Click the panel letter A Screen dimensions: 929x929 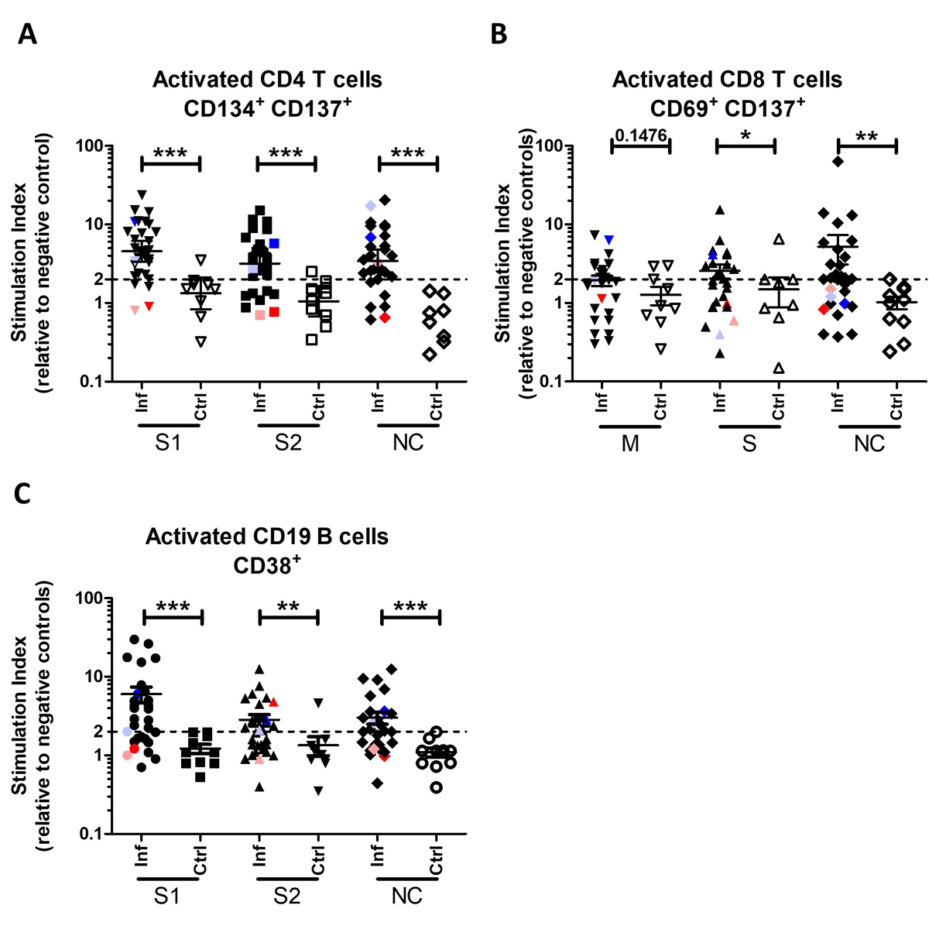coord(28,34)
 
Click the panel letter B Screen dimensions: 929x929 coord(499,34)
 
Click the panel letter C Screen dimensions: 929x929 coord(25,494)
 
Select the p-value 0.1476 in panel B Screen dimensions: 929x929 coord(641,135)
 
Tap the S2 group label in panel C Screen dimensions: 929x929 coord(286,896)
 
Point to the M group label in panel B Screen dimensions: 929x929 coord(630,444)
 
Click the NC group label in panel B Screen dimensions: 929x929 coord(869,444)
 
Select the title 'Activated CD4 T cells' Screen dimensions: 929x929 coord(267,80)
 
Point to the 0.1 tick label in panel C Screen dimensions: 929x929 coord(88,834)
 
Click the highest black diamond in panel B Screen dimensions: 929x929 coord(838,161)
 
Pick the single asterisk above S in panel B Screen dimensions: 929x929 coord(746,135)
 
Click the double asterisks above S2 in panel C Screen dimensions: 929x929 coord(288,606)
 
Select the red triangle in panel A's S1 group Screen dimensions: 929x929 coord(149,307)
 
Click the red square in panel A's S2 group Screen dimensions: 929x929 coord(274,312)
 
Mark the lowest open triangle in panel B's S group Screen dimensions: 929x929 coord(778,368)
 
